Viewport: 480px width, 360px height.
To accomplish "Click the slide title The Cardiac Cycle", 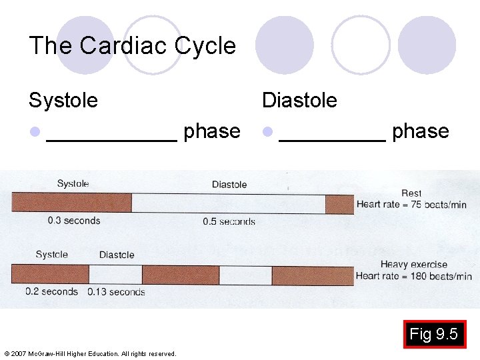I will pyautogui.click(x=132, y=46).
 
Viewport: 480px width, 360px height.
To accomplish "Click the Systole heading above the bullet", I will pyautogui.click(x=63, y=101).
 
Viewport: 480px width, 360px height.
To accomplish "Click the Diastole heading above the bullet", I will pyautogui.click(x=299, y=101).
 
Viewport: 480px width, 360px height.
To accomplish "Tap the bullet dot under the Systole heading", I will pyautogui.click(x=35, y=132).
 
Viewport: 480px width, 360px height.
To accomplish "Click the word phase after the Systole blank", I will pyautogui.click(x=211, y=131).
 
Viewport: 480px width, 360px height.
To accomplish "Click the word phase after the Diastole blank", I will pyautogui.click(x=420, y=131).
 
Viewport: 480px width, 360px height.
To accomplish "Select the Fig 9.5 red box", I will pyautogui.click(x=434, y=335).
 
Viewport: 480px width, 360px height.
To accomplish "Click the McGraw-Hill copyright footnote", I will pyautogui.click(x=90, y=353).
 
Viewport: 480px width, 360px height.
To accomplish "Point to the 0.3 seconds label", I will pyautogui.click(x=73, y=221).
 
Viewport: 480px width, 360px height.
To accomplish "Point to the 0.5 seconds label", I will pyautogui.click(x=229, y=221).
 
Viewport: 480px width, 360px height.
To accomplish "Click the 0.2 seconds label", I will pyautogui.click(x=51, y=291).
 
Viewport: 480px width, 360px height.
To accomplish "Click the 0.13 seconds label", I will pyautogui.click(x=116, y=292).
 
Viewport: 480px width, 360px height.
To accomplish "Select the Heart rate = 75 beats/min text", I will pyautogui.click(x=411, y=205).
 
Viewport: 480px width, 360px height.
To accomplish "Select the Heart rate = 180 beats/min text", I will pyautogui.click(x=413, y=276).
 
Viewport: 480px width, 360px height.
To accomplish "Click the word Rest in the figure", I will pyautogui.click(x=411, y=193).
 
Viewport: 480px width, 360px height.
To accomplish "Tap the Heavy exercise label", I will pyautogui.click(x=413, y=265).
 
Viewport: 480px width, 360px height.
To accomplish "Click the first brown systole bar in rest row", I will pyautogui.click(x=71, y=203).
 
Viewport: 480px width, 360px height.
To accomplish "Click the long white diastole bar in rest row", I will pyautogui.click(x=228, y=203).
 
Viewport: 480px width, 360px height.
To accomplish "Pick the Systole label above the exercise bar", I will pyautogui.click(x=51, y=255).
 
